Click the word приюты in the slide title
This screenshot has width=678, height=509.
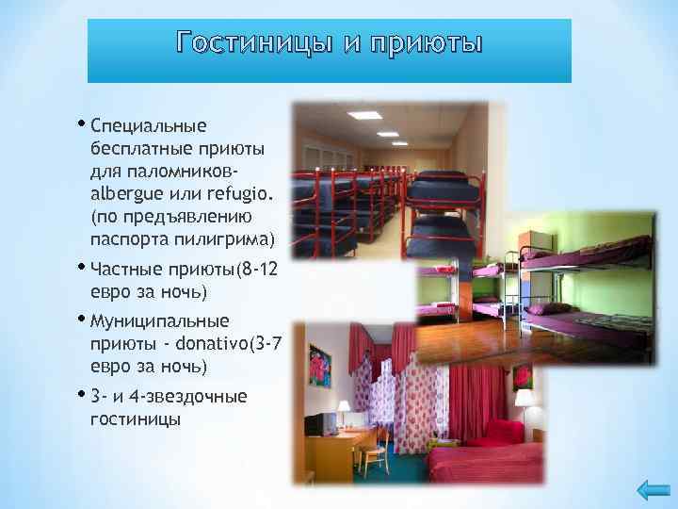point(428,43)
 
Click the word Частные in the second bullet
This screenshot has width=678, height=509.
point(126,270)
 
